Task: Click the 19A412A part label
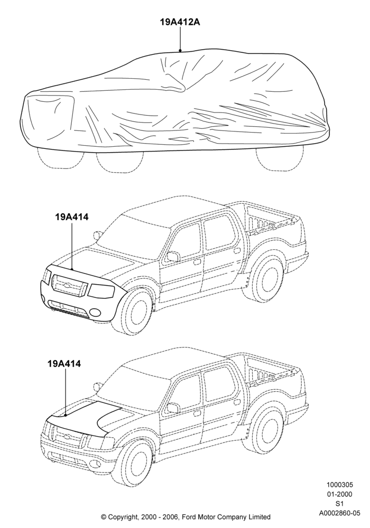click(180, 22)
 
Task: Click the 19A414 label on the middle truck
click(72, 217)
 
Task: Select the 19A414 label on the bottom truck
click(64, 364)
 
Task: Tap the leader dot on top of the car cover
click(180, 51)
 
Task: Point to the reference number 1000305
click(340, 485)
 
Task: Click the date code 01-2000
click(340, 494)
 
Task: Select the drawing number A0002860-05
click(340, 513)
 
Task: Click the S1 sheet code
click(340, 504)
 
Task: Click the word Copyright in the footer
click(123, 516)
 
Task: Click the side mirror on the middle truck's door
click(173, 257)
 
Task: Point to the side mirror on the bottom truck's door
click(173, 408)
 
